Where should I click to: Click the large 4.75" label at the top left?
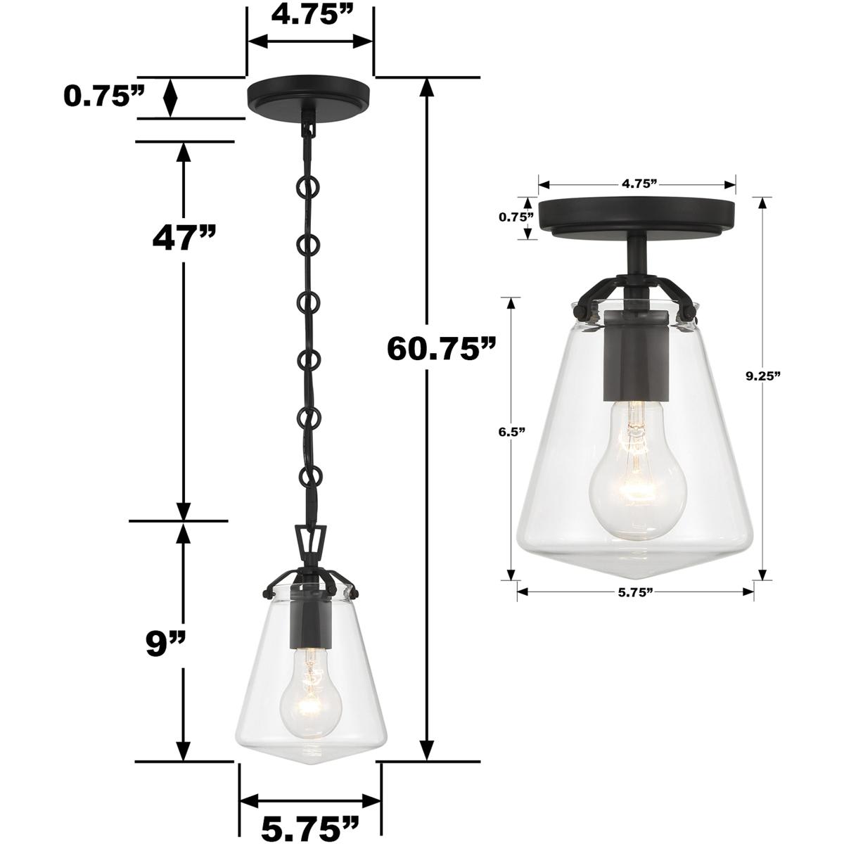[x=311, y=15]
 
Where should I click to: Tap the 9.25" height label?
[x=764, y=376]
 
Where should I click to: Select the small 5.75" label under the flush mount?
[x=636, y=592]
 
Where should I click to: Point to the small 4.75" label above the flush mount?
[x=639, y=184]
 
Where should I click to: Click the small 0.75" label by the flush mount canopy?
[x=517, y=217]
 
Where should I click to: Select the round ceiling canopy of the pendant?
[x=310, y=94]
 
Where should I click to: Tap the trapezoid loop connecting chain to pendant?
[x=310, y=542]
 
